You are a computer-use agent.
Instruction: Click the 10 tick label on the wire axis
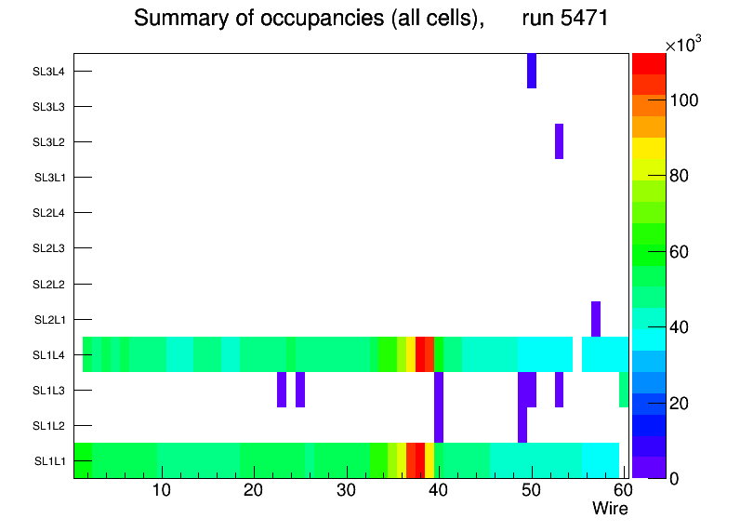(162, 490)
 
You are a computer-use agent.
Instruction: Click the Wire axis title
(610, 509)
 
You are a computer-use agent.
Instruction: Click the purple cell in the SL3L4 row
(532, 71)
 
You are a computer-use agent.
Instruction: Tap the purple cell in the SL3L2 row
(560, 141)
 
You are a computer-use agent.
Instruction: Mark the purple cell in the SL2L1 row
(596, 319)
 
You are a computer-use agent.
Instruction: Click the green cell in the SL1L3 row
(624, 390)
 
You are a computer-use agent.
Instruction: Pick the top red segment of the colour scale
(649, 63)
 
